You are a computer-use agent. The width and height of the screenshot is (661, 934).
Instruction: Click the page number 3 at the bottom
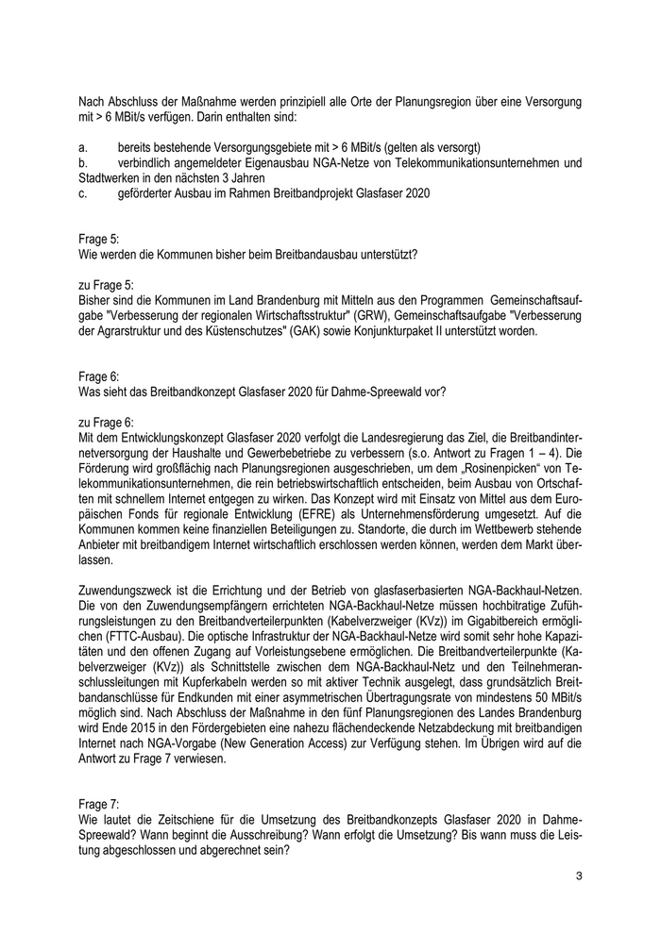(x=579, y=876)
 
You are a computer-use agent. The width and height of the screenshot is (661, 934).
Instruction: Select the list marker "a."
(x=83, y=148)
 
